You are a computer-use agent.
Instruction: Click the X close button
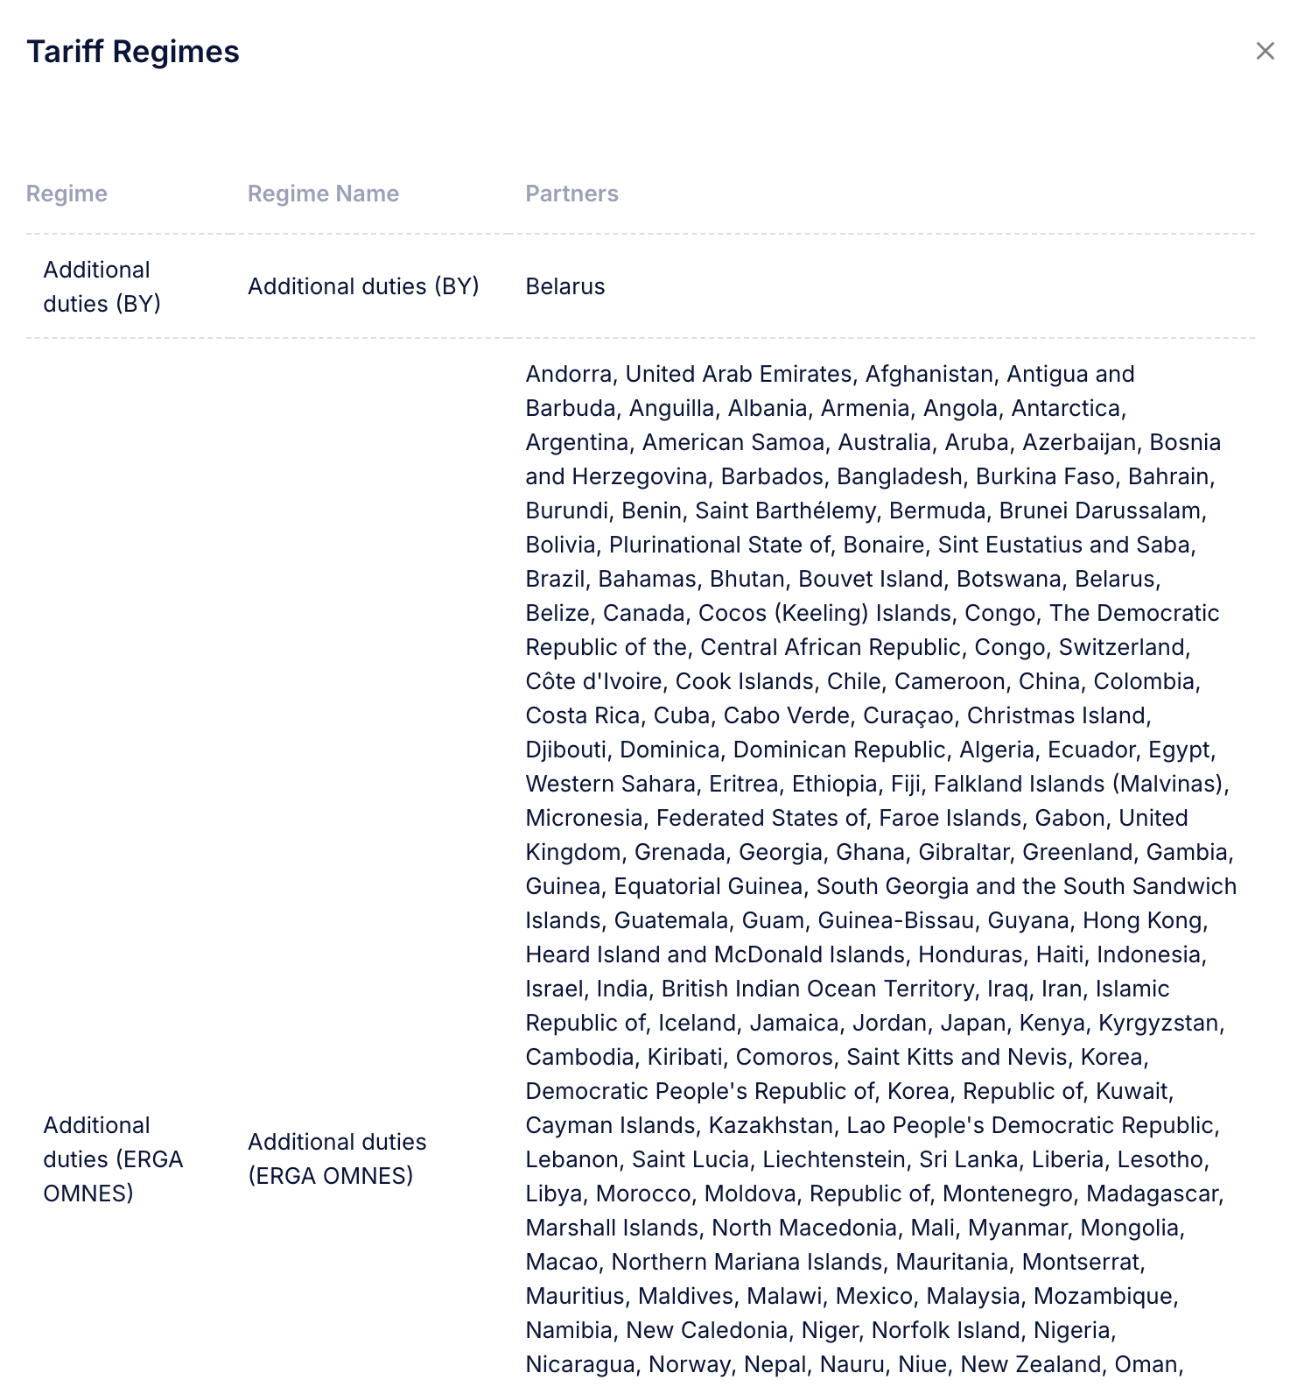tap(1265, 51)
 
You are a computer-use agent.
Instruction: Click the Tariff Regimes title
tap(133, 52)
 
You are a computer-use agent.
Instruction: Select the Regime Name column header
tap(323, 194)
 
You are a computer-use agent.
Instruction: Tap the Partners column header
tap(571, 194)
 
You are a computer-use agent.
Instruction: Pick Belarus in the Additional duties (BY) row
tap(565, 286)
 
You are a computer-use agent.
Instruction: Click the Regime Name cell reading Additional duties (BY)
tap(363, 286)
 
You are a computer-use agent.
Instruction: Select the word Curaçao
tap(908, 715)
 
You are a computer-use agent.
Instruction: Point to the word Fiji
tap(905, 784)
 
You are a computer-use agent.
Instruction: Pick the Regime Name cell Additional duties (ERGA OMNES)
tap(337, 1158)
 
